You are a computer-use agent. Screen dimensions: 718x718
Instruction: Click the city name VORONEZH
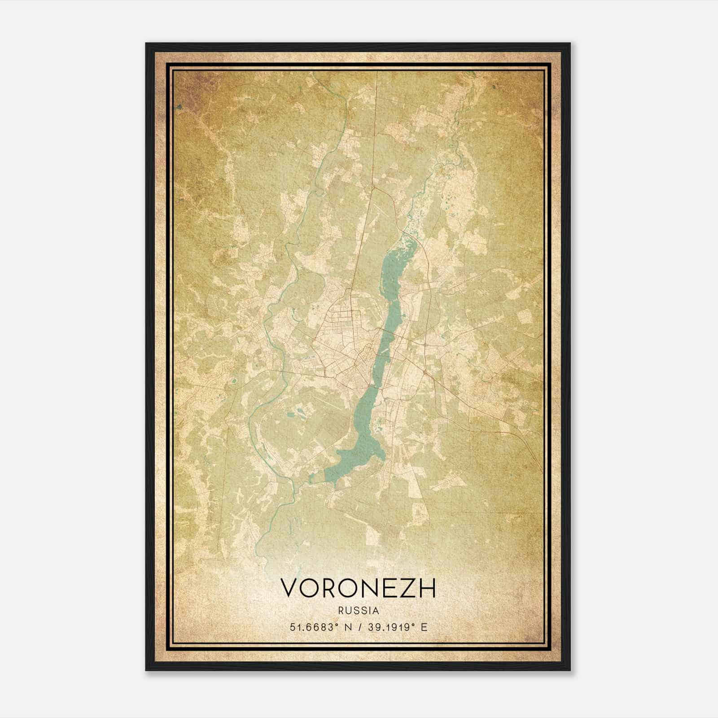[x=358, y=588]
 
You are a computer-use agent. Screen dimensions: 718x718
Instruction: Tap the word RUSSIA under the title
[x=359, y=611]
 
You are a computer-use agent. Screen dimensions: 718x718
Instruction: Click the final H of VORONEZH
[x=428, y=588]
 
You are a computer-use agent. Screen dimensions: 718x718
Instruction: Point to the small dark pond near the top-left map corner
[x=179, y=107]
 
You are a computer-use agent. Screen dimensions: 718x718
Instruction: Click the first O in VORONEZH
[x=308, y=588]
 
